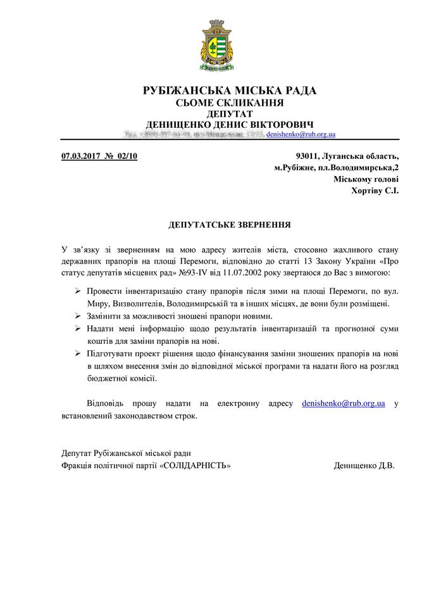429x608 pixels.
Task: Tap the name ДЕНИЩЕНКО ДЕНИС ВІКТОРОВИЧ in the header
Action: (x=230, y=124)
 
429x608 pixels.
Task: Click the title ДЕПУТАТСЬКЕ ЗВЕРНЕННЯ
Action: (x=230, y=225)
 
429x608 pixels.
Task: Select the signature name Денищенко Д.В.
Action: (x=364, y=465)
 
